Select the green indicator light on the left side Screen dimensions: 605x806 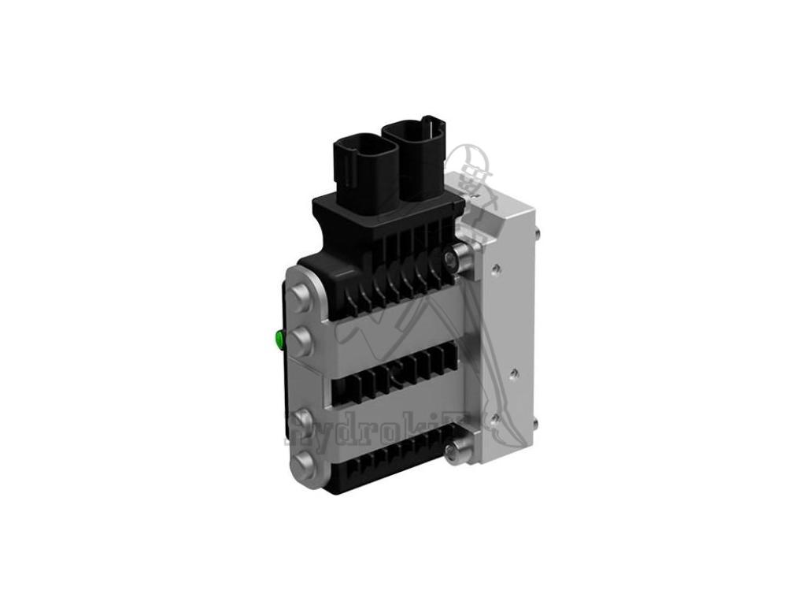tap(278, 340)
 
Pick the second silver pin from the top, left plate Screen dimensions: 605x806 tap(301, 340)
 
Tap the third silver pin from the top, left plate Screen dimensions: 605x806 tap(300, 419)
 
